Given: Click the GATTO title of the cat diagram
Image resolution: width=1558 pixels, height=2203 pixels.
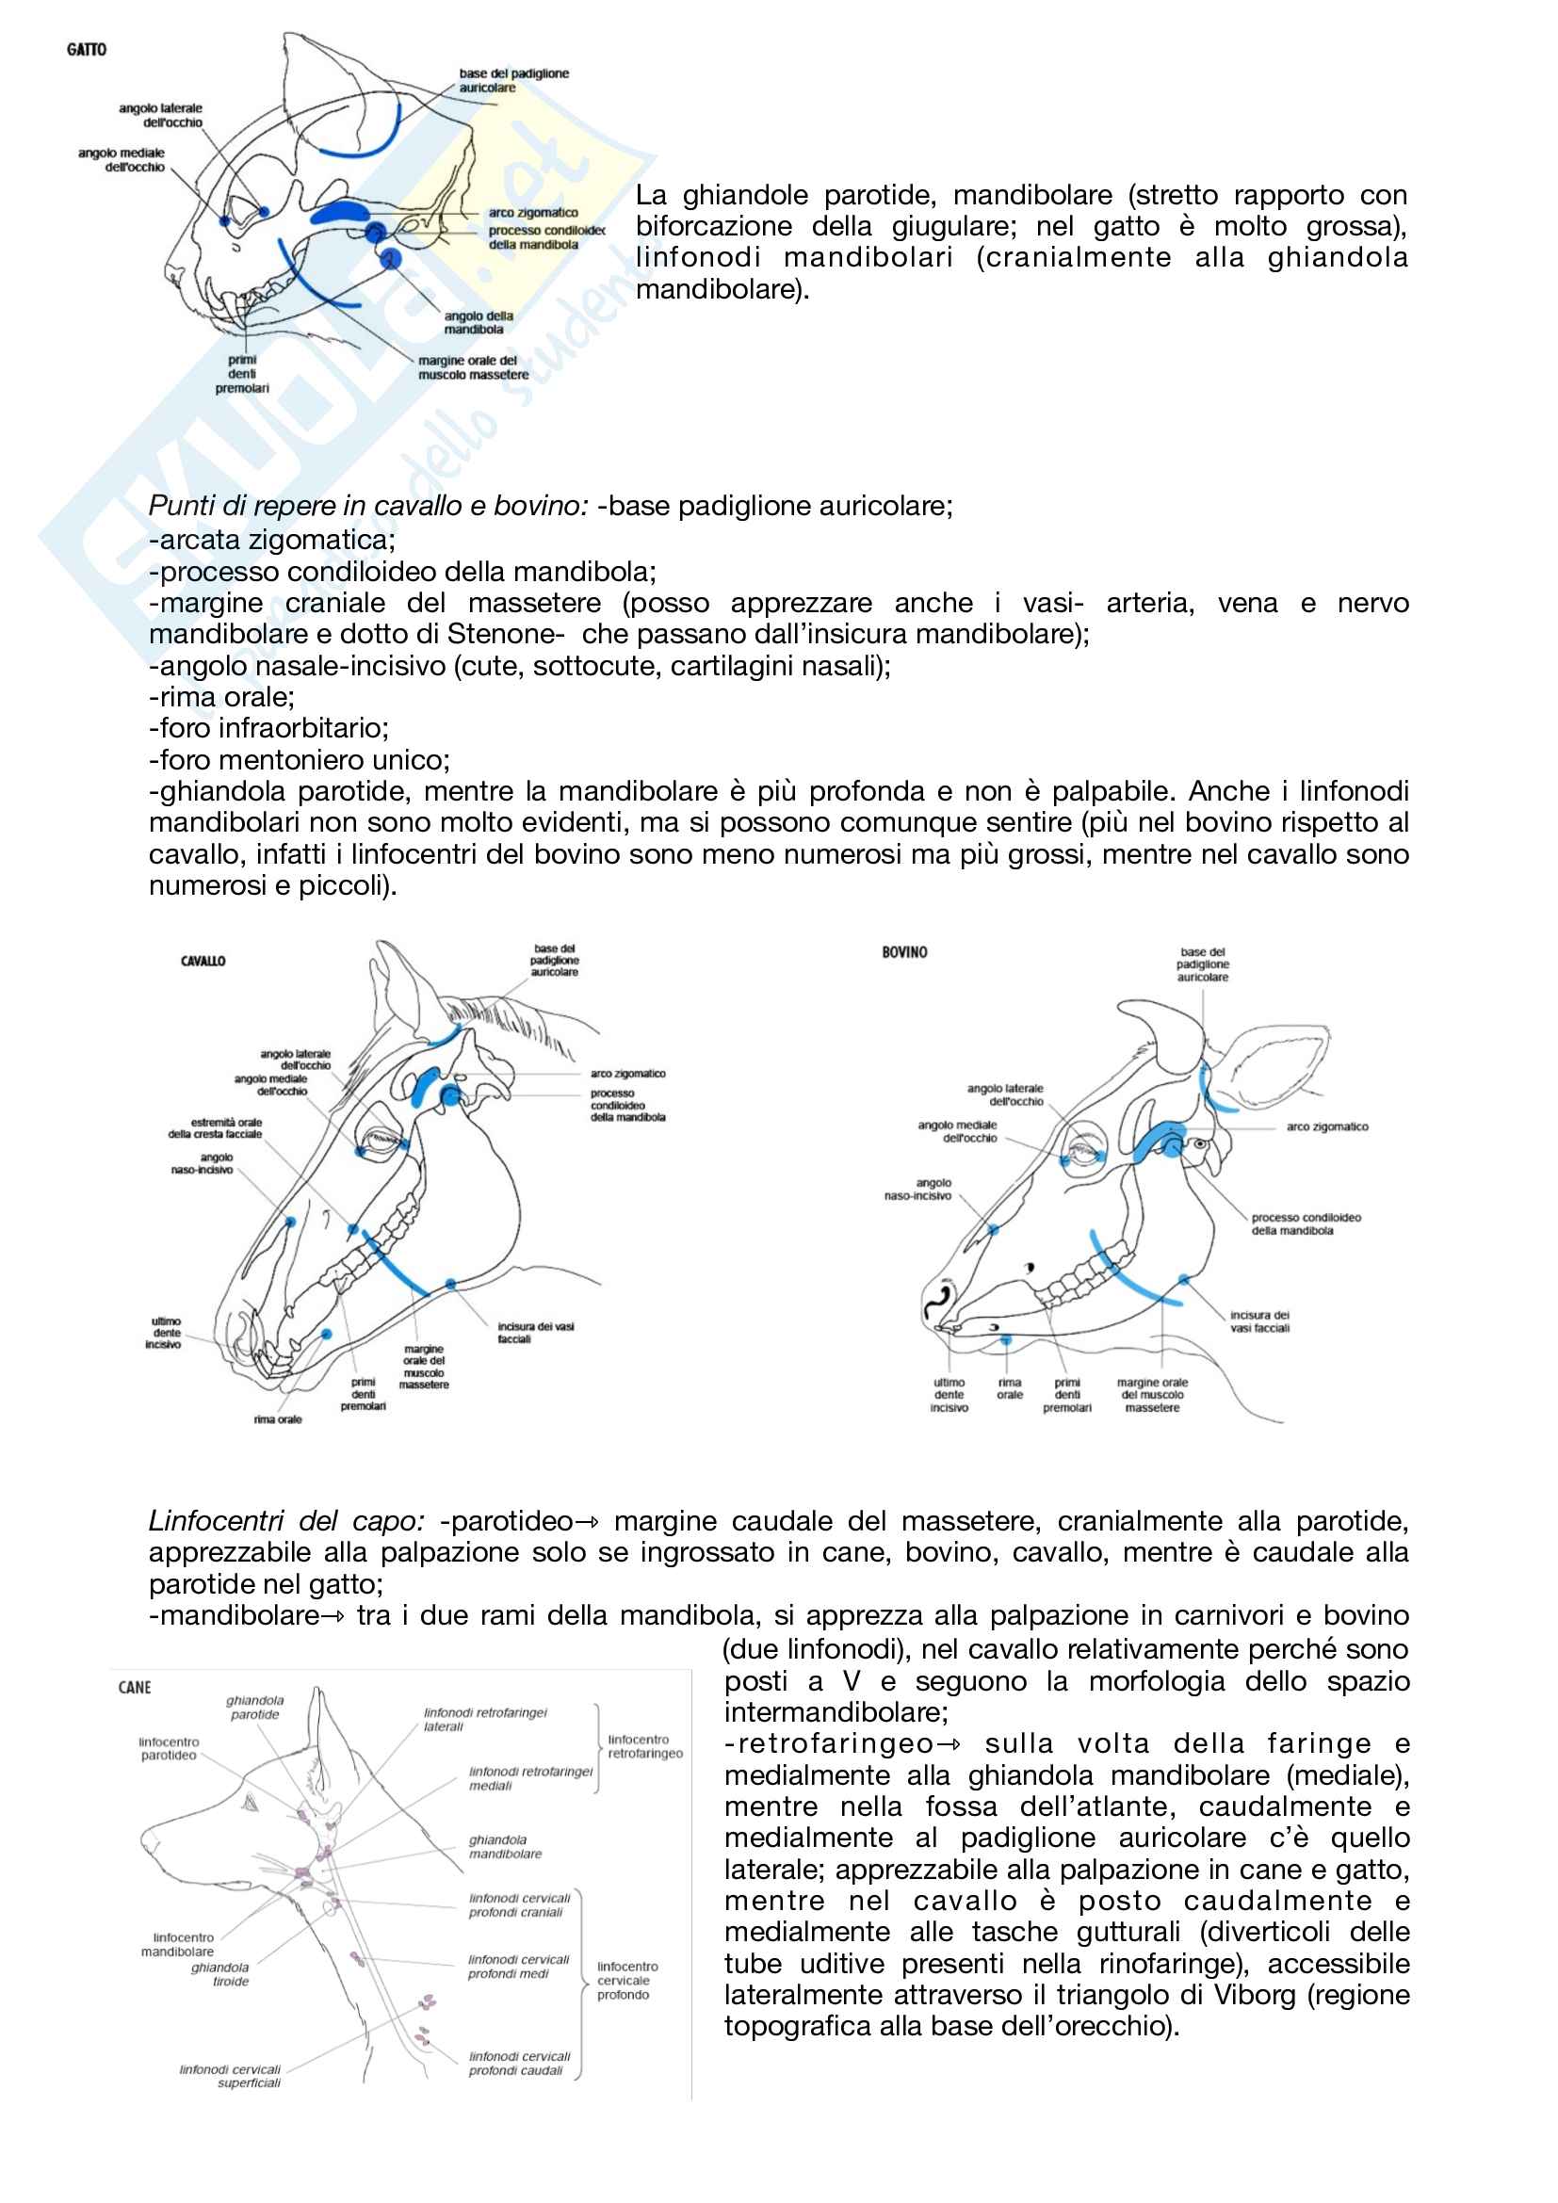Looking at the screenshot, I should coord(87,50).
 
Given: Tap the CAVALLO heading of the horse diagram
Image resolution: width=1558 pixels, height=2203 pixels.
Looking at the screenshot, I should coord(203,961).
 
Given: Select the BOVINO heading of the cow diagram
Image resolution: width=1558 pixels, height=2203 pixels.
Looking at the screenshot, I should coord(904,952).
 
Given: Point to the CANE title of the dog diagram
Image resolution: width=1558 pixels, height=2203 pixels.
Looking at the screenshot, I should coord(135,1688).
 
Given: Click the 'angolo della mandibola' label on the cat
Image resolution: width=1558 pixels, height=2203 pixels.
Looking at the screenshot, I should coord(478,322).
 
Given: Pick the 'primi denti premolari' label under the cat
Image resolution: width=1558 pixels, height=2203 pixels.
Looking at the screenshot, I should coord(242,374).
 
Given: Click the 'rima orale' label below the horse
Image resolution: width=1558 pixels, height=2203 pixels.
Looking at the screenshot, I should coord(277,1419).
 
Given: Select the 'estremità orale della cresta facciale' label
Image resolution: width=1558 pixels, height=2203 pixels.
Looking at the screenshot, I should coord(215,1127).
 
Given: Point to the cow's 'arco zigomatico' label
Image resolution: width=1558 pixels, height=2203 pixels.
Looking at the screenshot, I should coord(1327,1126).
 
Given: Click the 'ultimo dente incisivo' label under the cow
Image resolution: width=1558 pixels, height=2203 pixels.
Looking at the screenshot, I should coord(949,1395).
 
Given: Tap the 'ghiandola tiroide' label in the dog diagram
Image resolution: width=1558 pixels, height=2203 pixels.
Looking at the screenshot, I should coord(220,1974).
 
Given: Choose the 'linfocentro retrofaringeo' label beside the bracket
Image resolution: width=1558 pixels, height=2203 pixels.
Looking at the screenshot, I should coord(644,1746).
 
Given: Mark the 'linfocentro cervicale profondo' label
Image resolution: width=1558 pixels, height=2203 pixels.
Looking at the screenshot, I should coord(627,1981).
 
